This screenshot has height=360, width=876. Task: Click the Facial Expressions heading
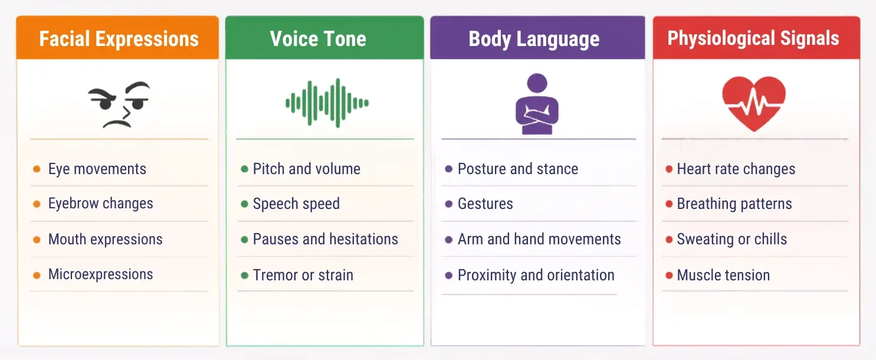119,39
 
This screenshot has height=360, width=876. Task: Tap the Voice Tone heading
318,39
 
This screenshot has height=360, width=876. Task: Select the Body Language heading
534,39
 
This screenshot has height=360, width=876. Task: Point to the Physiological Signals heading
753,39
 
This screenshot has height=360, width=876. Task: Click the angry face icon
119,104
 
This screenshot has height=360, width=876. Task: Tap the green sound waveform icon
327,103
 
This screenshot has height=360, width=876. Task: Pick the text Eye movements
97,169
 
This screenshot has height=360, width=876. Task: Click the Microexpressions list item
101,274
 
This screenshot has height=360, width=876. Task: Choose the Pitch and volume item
307,169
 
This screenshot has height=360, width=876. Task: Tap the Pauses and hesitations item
326,239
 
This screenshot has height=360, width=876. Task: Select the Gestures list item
485,204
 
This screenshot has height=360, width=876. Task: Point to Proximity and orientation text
536,275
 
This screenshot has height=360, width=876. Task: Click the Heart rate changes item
736,169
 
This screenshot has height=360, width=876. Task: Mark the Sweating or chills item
732,239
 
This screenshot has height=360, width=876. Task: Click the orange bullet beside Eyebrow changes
37,204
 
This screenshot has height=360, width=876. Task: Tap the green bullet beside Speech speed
244,204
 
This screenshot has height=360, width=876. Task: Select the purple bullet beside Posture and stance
449,169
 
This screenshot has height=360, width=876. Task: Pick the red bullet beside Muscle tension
669,275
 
